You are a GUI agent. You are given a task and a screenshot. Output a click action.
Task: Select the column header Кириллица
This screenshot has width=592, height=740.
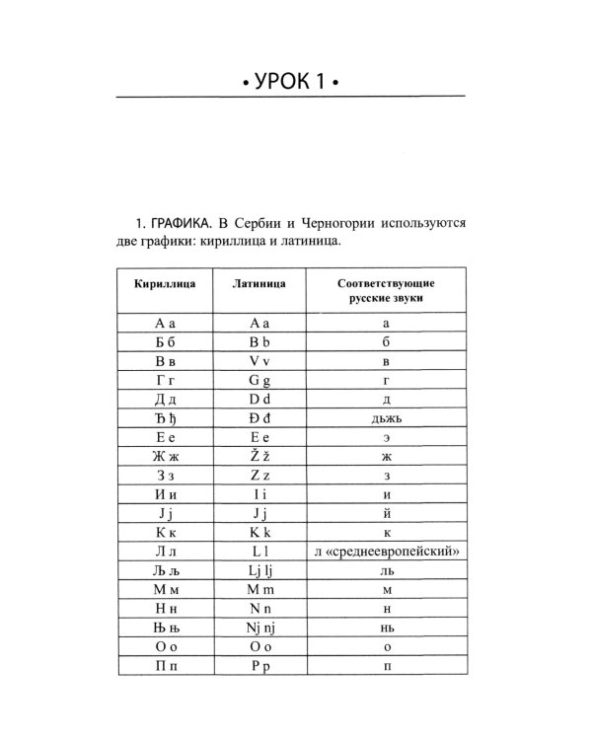click(x=165, y=283)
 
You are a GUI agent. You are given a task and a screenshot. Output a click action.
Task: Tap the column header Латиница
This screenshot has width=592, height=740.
click(x=259, y=283)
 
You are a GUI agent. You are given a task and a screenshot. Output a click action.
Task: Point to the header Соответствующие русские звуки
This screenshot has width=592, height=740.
click(x=386, y=290)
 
